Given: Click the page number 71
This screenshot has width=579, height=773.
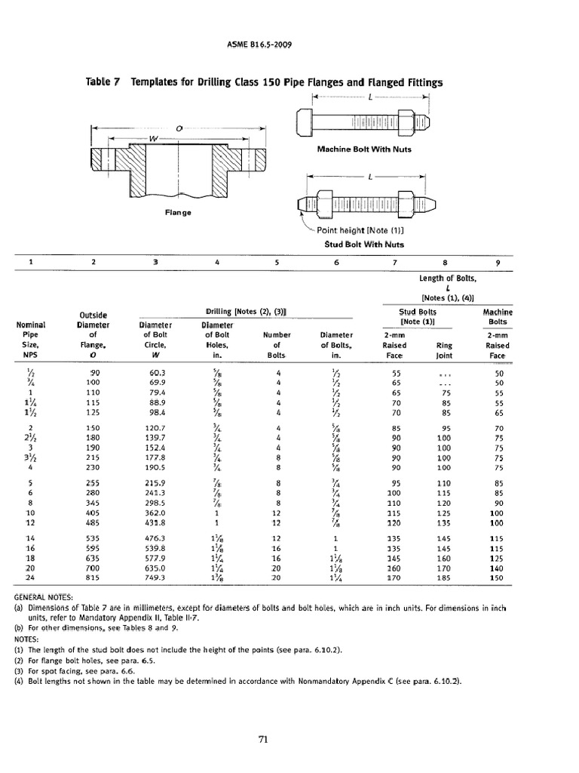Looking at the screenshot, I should (264, 739).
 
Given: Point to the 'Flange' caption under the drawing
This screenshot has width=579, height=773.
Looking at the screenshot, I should (178, 212).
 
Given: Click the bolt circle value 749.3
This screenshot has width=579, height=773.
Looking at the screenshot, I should (153, 577).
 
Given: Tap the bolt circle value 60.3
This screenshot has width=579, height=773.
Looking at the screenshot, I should (153, 373).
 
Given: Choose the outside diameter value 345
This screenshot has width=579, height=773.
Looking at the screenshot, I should (93, 502).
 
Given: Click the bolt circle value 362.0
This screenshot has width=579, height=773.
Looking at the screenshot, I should (153, 513).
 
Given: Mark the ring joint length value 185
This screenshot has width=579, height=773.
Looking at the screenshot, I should (443, 577).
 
